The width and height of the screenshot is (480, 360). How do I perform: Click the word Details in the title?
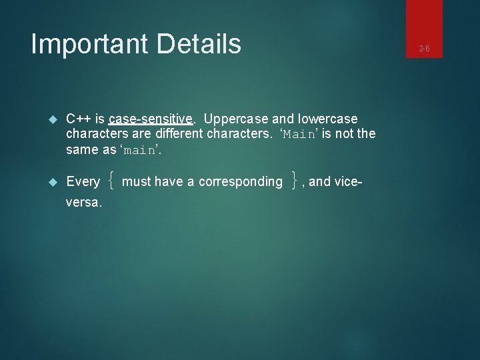click(x=199, y=44)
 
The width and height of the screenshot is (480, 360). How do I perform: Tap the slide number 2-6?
click(x=424, y=49)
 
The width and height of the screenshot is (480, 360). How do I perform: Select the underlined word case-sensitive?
click(x=151, y=119)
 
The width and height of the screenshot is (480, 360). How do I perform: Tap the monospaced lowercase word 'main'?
click(x=139, y=150)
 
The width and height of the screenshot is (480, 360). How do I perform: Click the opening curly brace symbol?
click(x=111, y=181)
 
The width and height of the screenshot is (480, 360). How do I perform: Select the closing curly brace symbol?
click(x=294, y=181)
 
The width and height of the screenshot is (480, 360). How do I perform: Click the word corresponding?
click(x=241, y=181)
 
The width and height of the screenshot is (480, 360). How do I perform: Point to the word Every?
click(x=83, y=181)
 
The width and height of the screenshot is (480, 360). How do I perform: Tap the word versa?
click(x=83, y=202)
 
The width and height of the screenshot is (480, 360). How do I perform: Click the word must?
click(x=137, y=181)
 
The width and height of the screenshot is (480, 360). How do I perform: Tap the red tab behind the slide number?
click(x=424, y=20)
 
